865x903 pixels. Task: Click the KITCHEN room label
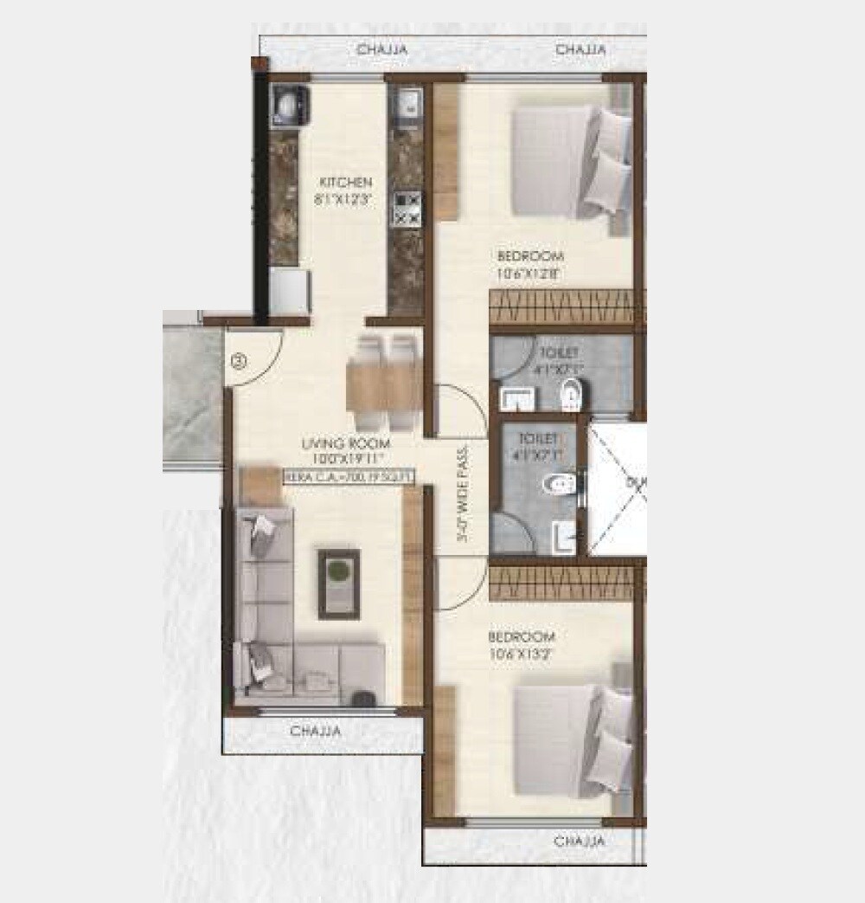click(346, 183)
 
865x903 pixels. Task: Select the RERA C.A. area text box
click(349, 475)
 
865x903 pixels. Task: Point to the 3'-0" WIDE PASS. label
click(464, 494)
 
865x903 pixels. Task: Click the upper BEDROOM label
click(530, 256)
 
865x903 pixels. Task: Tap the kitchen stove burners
click(407, 209)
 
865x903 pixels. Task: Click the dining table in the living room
click(384, 383)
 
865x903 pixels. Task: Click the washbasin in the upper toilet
click(518, 399)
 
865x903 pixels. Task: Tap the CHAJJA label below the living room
click(316, 732)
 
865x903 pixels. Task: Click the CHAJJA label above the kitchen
click(382, 50)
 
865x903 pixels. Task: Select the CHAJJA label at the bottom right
click(580, 841)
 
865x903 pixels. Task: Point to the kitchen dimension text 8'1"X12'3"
click(346, 197)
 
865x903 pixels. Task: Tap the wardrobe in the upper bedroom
click(562, 306)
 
